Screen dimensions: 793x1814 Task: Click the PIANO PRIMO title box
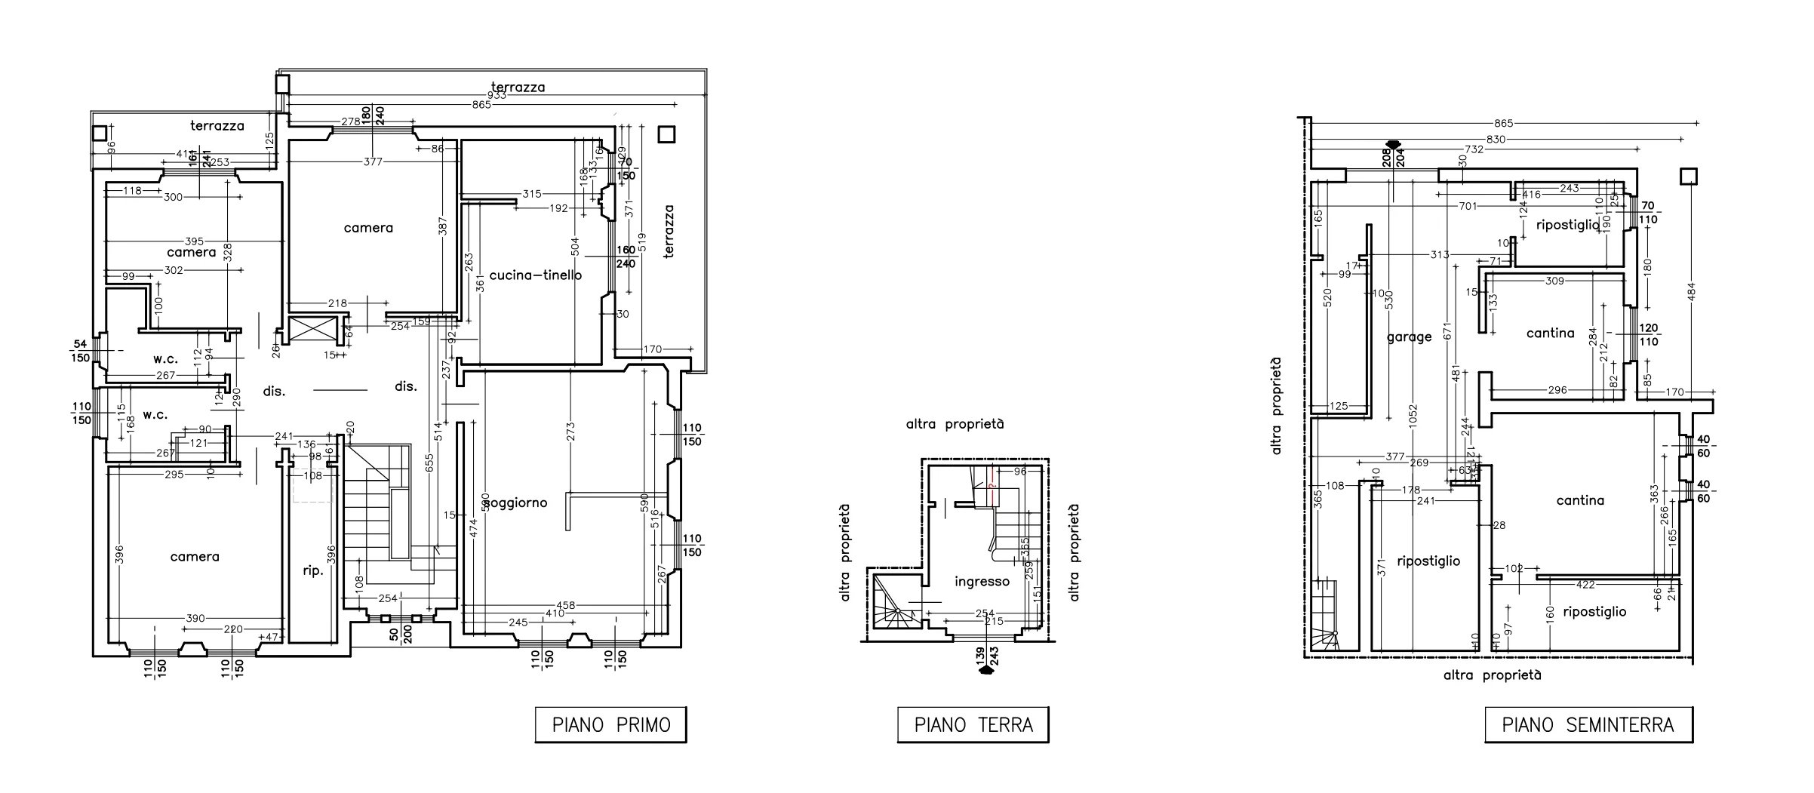click(610, 725)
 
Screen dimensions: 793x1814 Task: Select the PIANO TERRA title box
click(973, 725)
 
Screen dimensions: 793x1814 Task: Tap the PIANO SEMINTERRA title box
click(1588, 725)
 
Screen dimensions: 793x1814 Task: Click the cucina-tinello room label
click(536, 275)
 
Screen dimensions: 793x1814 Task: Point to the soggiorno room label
click(516, 503)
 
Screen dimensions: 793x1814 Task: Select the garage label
click(1409, 337)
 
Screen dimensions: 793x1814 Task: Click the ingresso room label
click(982, 581)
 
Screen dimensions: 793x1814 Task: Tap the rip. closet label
click(313, 571)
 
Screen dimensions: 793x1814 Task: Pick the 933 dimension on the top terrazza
click(497, 95)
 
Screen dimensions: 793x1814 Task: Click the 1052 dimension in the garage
click(1413, 416)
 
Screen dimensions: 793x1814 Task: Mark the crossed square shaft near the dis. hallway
click(311, 330)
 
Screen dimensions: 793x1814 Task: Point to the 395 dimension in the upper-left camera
click(194, 241)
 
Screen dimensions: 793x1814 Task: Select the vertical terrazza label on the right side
click(669, 232)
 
